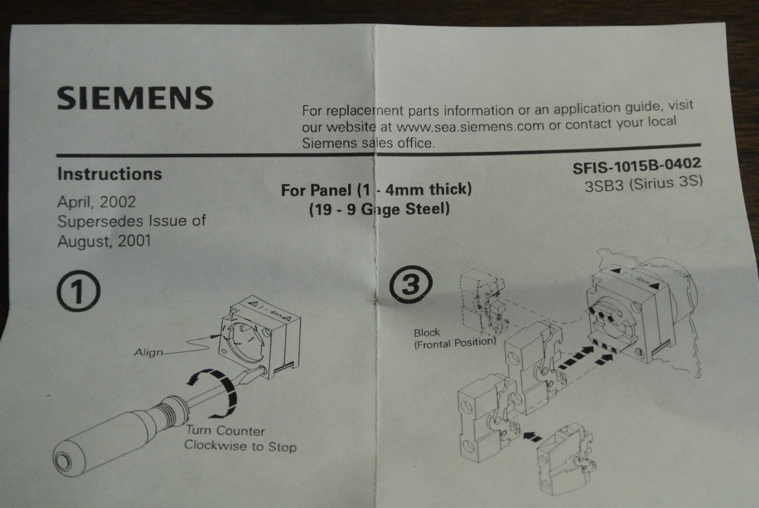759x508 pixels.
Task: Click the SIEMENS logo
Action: pos(135,98)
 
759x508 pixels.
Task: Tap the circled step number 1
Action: pos(79,291)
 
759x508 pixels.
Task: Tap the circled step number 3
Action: pos(411,284)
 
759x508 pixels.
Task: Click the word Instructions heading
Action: pos(109,174)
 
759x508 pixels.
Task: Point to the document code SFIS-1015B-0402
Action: pos(637,165)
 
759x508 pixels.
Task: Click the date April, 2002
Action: pos(97,202)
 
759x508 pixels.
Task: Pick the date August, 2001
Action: pos(104,242)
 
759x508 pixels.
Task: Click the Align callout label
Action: pos(149,353)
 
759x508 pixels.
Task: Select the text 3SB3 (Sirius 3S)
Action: pos(643,184)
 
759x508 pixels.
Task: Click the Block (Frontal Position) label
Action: pos(454,338)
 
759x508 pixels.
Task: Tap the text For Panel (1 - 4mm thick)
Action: pos(376,190)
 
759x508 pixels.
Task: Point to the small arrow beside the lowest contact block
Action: pos(532,436)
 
